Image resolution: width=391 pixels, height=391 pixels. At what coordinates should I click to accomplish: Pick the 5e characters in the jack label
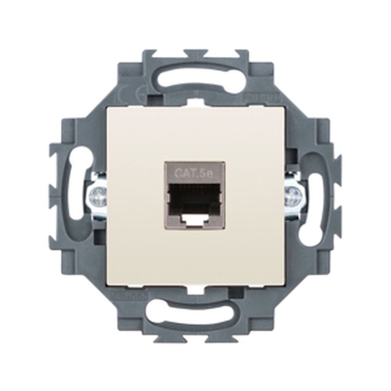[x=206, y=172]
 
